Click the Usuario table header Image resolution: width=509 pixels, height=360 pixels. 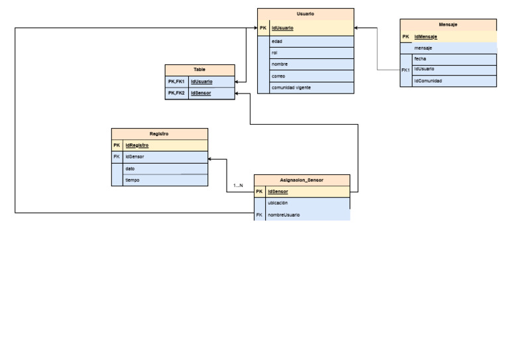[306, 14]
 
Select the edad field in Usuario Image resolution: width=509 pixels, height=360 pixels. [277, 41]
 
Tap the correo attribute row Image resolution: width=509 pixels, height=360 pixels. [278, 76]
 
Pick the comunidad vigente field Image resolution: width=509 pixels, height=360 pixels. [291, 88]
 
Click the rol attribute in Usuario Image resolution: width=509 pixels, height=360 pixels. [275, 52]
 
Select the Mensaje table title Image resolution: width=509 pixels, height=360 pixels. [448, 25]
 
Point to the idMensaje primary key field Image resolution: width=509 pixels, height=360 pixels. [425, 37]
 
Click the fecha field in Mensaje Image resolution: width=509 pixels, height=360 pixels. [420, 59]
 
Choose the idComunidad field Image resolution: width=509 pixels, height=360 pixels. [428, 81]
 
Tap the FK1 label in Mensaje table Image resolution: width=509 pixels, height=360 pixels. [406, 70]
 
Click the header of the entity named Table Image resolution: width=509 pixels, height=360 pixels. [199, 70]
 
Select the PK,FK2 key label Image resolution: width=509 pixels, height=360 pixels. [176, 93]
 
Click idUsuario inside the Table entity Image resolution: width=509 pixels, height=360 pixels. [201, 82]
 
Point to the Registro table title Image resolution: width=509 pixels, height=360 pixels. [159, 134]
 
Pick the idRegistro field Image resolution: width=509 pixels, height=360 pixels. [137, 145]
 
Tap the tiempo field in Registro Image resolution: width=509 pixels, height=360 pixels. [133, 180]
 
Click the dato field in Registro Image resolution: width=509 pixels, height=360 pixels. [130, 168]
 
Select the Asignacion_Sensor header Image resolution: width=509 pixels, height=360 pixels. [302, 180]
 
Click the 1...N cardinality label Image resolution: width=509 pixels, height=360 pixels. [238, 186]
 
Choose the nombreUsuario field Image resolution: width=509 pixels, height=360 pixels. [284, 215]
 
